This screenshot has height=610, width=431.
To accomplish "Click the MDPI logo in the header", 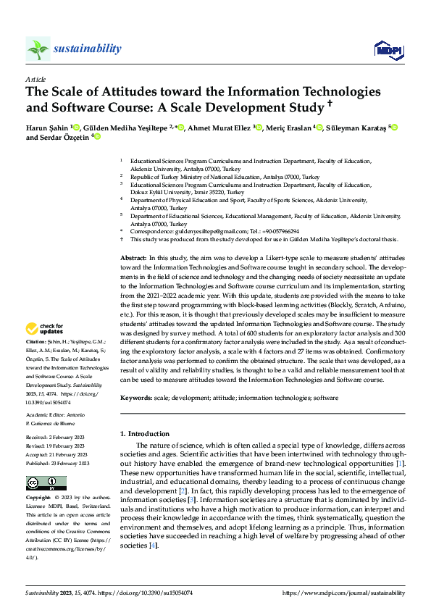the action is coord(389,49).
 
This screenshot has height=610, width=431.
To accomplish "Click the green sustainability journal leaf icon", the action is coord(38,49).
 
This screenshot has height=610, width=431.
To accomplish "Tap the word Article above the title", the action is coord(35,78).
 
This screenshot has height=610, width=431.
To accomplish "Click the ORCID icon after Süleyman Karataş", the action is coord(395,128).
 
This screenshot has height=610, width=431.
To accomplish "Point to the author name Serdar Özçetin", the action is coord(64,137).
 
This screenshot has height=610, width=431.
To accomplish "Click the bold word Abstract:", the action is coord(133,258).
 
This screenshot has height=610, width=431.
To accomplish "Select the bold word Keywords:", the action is coord(135,398).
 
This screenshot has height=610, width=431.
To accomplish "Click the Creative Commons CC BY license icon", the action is coord(46,483).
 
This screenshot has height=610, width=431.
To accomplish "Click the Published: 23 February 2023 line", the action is coord(58,462).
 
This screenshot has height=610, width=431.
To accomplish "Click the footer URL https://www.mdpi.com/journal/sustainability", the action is coord(343,592).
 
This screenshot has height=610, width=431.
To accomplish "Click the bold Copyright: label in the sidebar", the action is coord(38,498).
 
